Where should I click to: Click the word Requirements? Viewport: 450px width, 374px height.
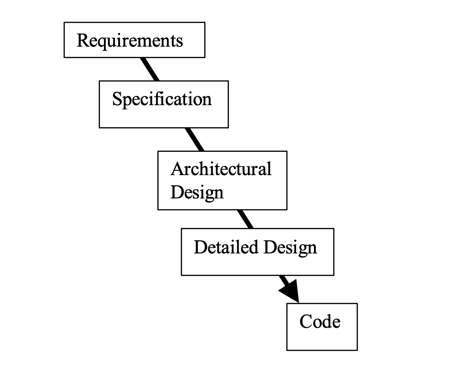129,40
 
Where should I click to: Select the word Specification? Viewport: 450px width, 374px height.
162,99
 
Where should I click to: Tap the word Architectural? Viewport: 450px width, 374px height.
221,169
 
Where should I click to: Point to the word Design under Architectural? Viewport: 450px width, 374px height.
197,192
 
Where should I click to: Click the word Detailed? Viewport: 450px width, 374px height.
226,247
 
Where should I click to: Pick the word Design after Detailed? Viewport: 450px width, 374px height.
290,248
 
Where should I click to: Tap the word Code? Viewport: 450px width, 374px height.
320,322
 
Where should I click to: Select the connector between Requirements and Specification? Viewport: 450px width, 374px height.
150,69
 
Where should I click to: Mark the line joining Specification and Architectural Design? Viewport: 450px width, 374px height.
194,139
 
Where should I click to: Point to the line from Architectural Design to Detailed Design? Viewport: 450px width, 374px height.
246,219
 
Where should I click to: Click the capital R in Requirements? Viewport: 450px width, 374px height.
82,40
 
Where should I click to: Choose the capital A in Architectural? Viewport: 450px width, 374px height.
176,169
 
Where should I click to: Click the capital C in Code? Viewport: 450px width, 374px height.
306,322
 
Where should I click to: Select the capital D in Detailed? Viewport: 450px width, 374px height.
199,247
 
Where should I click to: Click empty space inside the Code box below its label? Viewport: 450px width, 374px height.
321,340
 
